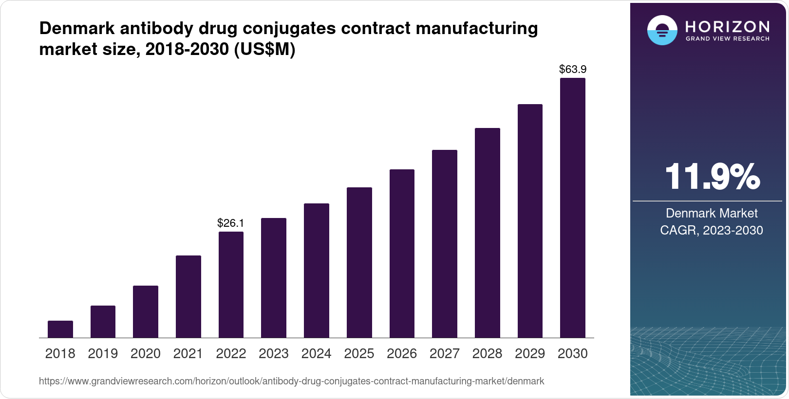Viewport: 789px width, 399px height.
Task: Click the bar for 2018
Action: click(60, 329)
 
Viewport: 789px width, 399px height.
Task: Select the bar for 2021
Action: click(188, 296)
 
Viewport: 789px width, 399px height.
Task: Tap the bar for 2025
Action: click(359, 262)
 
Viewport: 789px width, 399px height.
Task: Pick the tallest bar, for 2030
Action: click(573, 208)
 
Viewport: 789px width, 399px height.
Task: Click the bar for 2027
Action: click(445, 244)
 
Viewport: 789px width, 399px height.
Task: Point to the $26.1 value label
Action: click(231, 223)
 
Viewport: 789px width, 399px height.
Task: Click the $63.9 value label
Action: click(573, 70)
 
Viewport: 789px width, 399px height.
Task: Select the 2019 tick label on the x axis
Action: click(103, 354)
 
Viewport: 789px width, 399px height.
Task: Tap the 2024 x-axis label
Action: click(317, 354)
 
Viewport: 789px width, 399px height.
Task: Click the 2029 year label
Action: click(530, 354)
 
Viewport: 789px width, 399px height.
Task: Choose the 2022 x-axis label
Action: click(231, 354)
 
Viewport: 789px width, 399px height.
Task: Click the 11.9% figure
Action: click(712, 177)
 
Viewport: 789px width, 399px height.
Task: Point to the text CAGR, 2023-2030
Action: click(712, 230)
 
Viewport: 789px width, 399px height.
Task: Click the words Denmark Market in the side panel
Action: click(712, 213)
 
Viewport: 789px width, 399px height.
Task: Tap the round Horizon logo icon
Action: click(662, 30)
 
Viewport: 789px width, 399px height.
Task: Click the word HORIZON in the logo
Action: click(728, 26)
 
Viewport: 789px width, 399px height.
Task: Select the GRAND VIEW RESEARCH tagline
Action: click(728, 38)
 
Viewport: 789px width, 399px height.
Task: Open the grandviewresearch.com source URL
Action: click(291, 381)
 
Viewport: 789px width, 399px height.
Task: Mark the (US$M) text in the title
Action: click(264, 49)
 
